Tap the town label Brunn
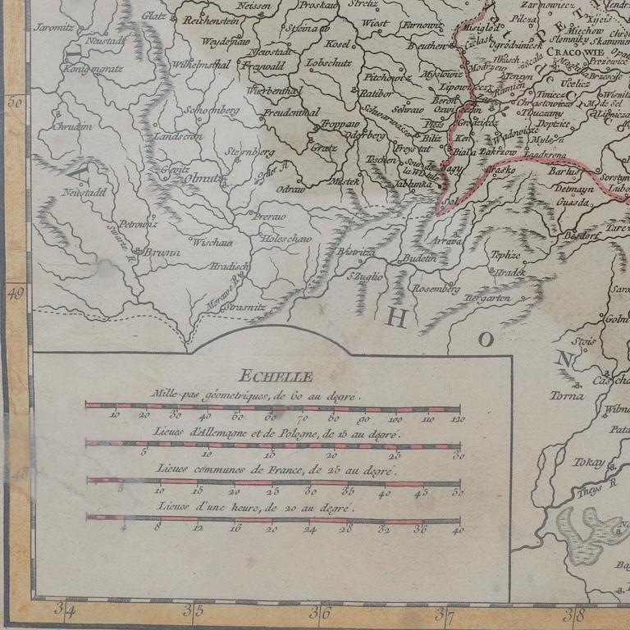click(x=162, y=253)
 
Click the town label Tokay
click(x=589, y=462)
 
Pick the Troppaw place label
click(x=339, y=122)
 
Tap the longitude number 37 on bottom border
click(x=444, y=611)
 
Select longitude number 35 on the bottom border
click(x=193, y=611)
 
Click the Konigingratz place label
click(x=93, y=69)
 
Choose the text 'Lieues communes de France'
click(x=276, y=469)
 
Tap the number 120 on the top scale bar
click(x=457, y=419)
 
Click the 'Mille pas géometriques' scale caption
click(x=255, y=395)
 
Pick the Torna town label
click(x=567, y=395)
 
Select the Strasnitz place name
click(x=244, y=305)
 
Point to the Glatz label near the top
click(x=153, y=16)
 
